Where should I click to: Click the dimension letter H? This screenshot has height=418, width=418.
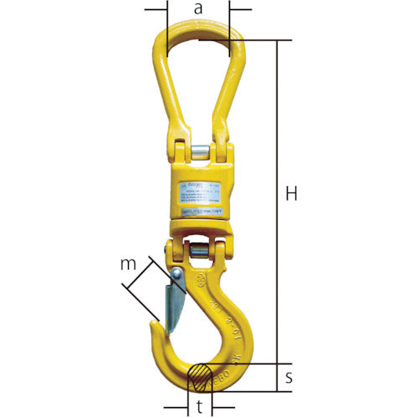point(291,195)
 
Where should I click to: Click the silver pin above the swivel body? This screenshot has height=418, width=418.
point(200,153)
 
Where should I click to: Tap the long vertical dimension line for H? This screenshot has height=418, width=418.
point(276,201)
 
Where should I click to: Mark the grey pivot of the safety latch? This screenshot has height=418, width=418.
point(177,275)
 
